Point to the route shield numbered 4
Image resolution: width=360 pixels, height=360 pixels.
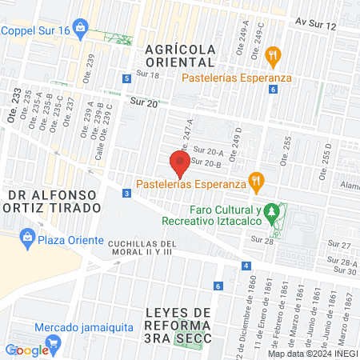[x=247, y=266]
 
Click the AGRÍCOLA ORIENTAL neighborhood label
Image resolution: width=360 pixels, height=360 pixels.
[x=180, y=54]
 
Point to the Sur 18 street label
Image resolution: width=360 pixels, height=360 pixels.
[x=148, y=75]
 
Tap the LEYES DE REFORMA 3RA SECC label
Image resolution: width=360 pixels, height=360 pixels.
[x=179, y=324]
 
